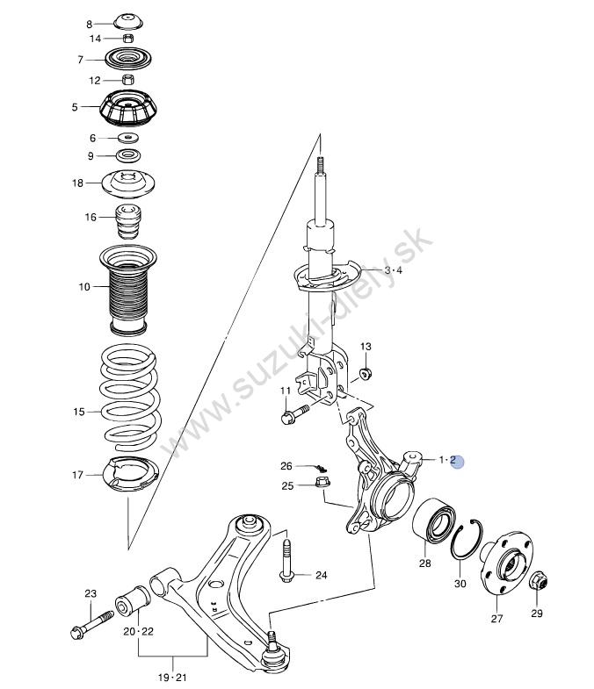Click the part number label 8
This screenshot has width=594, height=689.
click(x=90, y=25)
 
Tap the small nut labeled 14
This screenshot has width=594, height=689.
click(x=127, y=38)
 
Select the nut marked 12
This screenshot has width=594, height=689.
click(x=127, y=80)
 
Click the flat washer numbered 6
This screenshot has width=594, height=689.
click(x=128, y=138)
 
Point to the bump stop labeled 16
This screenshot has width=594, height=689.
click(x=128, y=221)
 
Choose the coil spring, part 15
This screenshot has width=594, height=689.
click(x=130, y=398)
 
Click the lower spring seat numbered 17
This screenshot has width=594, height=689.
click(x=130, y=475)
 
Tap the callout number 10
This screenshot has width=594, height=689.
click(x=84, y=287)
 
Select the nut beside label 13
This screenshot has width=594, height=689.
click(x=366, y=374)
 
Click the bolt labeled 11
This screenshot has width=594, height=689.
click(x=294, y=414)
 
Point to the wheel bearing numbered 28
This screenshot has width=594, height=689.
click(x=434, y=520)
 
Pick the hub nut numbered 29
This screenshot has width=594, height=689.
click(x=538, y=581)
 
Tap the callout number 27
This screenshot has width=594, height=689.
click(x=496, y=618)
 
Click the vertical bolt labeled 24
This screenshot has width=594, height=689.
click(x=286, y=561)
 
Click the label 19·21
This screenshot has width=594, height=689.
click(x=172, y=677)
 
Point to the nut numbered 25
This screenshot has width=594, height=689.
click(x=323, y=482)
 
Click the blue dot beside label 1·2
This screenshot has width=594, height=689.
click(x=458, y=462)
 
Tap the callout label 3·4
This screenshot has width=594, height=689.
click(x=394, y=270)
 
